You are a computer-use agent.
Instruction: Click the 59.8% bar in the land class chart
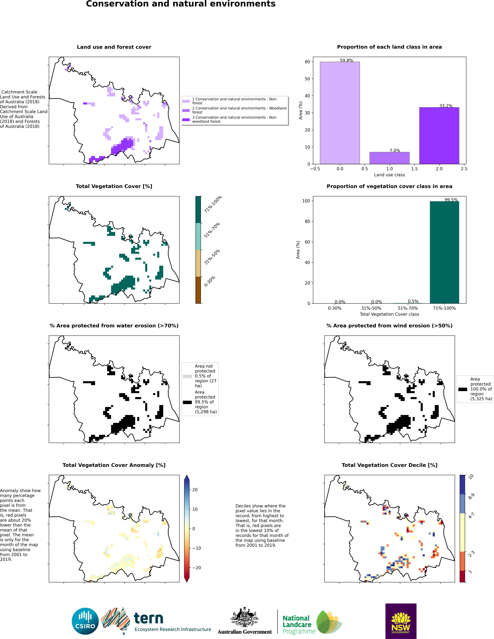tap(340, 113)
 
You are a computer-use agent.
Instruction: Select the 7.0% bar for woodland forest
tap(390, 158)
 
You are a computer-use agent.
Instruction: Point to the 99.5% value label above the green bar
tap(451, 200)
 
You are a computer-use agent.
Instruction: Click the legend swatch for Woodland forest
tap(186, 110)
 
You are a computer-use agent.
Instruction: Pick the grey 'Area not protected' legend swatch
tap(187, 376)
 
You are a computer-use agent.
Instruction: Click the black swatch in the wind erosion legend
tap(463, 389)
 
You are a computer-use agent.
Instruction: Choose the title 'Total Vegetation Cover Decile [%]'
tap(390, 465)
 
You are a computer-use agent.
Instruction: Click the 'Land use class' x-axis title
tap(390, 175)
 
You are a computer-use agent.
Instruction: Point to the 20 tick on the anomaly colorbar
tap(195, 490)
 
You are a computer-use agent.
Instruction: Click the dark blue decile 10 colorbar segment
tap(462, 485)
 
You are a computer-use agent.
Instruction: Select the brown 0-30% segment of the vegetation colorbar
tap(198, 290)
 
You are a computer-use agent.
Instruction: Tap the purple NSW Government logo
tap(401, 621)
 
